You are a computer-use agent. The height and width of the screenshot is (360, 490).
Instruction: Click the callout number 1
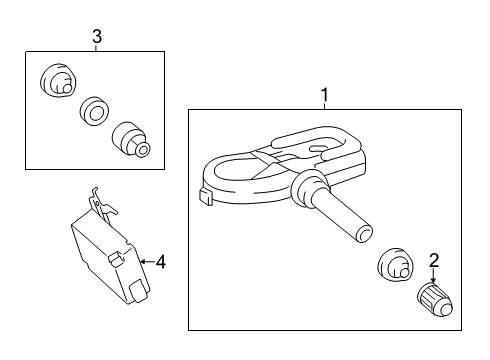pos(324,94)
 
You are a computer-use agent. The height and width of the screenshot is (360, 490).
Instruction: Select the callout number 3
pos(96,37)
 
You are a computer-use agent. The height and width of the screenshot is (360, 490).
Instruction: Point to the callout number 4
pos(161,263)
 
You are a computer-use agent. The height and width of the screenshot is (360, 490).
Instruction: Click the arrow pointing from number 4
pos(147,262)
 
